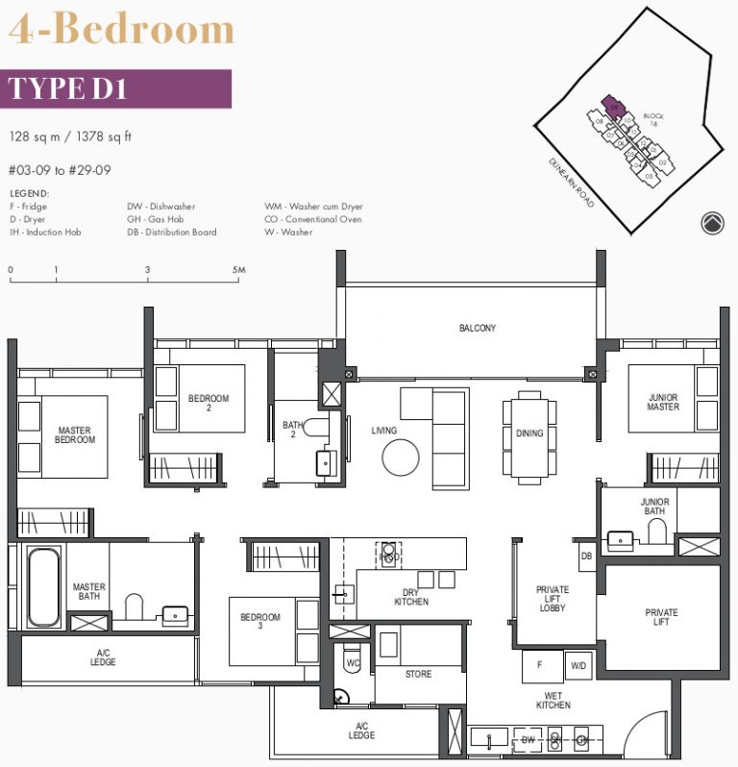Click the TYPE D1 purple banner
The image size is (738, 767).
point(116,87)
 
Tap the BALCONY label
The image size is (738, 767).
point(477,329)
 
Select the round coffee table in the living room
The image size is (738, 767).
point(401,457)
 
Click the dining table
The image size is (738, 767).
point(529,437)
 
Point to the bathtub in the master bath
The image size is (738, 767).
point(42,586)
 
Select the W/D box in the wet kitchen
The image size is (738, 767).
point(579,666)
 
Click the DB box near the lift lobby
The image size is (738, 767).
point(586,557)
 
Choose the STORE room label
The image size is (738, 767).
point(418,675)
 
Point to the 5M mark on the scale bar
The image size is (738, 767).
point(239,270)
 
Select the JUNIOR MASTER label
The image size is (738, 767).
point(663,401)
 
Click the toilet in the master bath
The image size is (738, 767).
point(134,606)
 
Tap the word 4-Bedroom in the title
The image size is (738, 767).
point(121,30)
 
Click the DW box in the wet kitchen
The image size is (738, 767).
point(527,740)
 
